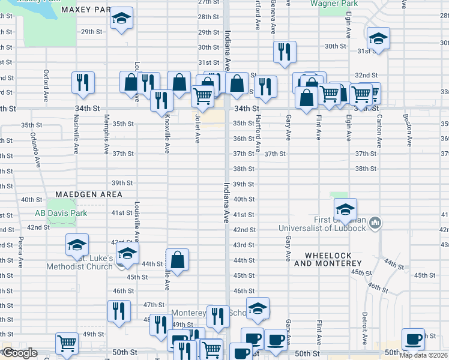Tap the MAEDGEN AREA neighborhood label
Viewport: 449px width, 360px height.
[x=89, y=194]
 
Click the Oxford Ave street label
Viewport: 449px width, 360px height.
[x=46, y=85]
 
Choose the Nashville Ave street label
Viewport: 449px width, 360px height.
[x=76, y=126]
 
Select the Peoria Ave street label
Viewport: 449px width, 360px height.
[x=21, y=252]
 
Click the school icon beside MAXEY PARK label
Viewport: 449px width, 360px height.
[x=122, y=19]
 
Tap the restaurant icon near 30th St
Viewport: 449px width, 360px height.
[x=285, y=52]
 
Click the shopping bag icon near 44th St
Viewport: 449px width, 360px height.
[x=177, y=259]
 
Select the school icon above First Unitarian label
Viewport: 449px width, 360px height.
[x=345, y=209]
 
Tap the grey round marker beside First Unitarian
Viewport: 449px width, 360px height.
[x=375, y=223]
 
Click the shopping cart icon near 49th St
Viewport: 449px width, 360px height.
[x=67, y=343]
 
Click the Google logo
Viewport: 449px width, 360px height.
[x=19, y=353]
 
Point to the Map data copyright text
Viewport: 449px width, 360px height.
[x=423, y=355]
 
